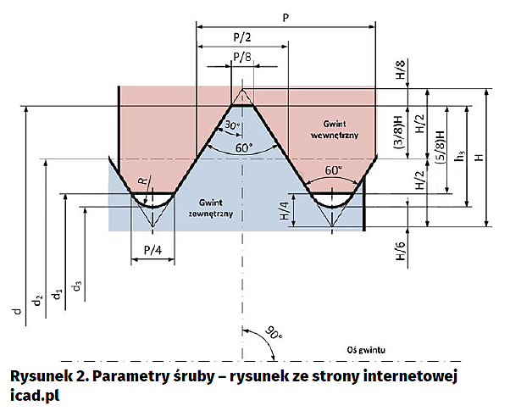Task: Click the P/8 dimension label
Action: coord(242,57)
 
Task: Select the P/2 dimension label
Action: coord(242,36)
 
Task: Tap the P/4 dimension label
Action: coord(153,250)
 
